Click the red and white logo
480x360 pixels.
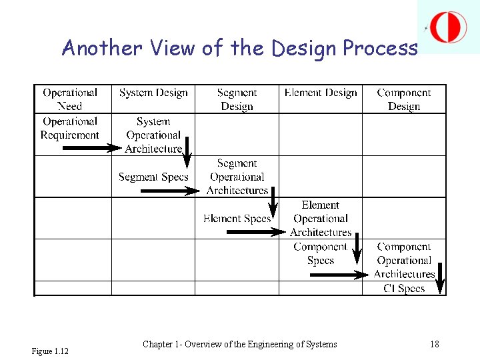point(448,27)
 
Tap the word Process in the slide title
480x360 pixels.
point(380,48)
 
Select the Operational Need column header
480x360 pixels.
point(70,99)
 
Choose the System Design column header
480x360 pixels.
point(153,93)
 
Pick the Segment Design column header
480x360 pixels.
point(237,99)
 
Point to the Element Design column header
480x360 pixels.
point(321,93)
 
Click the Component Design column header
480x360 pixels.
point(404,99)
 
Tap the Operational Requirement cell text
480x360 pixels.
point(70,128)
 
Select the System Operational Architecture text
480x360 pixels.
point(153,135)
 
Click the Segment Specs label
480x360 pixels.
point(153,177)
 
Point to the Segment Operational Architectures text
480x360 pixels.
point(237,177)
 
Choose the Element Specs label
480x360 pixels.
point(237,219)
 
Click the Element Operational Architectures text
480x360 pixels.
point(321,219)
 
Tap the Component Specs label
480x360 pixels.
point(321,253)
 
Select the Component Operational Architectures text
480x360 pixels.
point(404,260)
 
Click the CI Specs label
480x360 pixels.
point(404,289)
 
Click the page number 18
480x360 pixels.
point(435,344)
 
